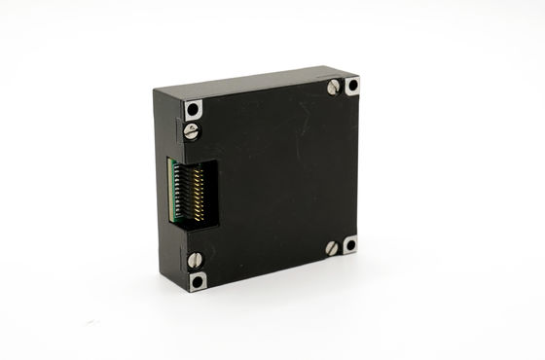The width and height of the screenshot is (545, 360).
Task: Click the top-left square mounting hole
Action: click(193, 109)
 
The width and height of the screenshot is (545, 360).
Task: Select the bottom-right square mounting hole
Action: click(349, 242)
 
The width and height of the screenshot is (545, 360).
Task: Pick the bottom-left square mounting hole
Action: click(199, 280)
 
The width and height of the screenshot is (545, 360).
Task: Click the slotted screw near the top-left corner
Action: click(192, 128)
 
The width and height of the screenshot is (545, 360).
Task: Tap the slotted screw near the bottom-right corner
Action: click(332, 247)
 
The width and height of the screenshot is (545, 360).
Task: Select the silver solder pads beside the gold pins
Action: click(183, 195)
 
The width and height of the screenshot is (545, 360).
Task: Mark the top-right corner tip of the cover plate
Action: click(359, 77)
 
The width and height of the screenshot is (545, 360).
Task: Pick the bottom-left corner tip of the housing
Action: click(191, 289)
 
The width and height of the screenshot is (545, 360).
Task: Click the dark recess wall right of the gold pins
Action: click(207, 195)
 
